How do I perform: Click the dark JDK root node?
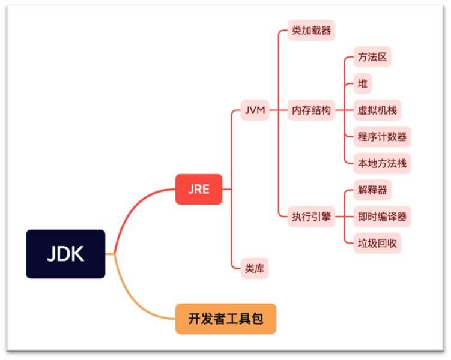coord(65,254)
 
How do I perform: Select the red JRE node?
coord(199,189)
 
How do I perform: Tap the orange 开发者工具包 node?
coord(226,319)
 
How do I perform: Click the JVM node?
coord(255,110)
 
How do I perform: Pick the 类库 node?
coord(255,268)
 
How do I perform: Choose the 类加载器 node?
coord(311,30)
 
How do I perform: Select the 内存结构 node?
coord(311,110)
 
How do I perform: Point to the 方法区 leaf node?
coord(372,58)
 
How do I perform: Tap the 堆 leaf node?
coord(363,83)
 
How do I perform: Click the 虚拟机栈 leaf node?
coord(377,110)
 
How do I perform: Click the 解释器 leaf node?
coord(372,190)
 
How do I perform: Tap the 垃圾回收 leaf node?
coord(377,243)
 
